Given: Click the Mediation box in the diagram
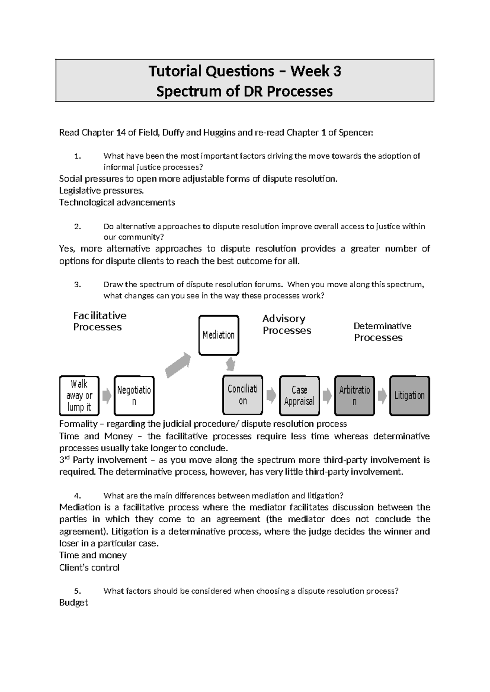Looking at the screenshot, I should (x=218, y=335).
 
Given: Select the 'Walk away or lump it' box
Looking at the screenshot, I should (x=79, y=395).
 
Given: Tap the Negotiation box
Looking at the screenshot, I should (x=134, y=395).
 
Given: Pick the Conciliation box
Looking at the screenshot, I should (x=243, y=395).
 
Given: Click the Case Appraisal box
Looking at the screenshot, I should (x=299, y=395).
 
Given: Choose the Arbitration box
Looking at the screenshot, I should (x=354, y=395).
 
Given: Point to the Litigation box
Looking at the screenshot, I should (x=409, y=395).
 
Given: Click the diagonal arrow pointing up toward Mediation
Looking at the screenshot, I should (x=178, y=365).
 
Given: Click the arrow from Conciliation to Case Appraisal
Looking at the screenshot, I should (x=271, y=395).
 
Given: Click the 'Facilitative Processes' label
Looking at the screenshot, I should (x=100, y=321).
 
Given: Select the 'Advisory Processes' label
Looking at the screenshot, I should (x=287, y=324).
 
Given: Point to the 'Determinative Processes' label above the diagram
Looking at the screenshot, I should (x=382, y=331).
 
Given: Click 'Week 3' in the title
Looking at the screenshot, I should (x=316, y=71).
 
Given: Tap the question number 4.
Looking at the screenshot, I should (x=78, y=496).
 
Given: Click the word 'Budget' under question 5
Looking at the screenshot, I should (x=73, y=603).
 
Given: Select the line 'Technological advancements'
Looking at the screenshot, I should (x=117, y=202).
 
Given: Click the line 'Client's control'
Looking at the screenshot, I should (x=89, y=568).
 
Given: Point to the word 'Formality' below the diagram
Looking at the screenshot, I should (x=78, y=424).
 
